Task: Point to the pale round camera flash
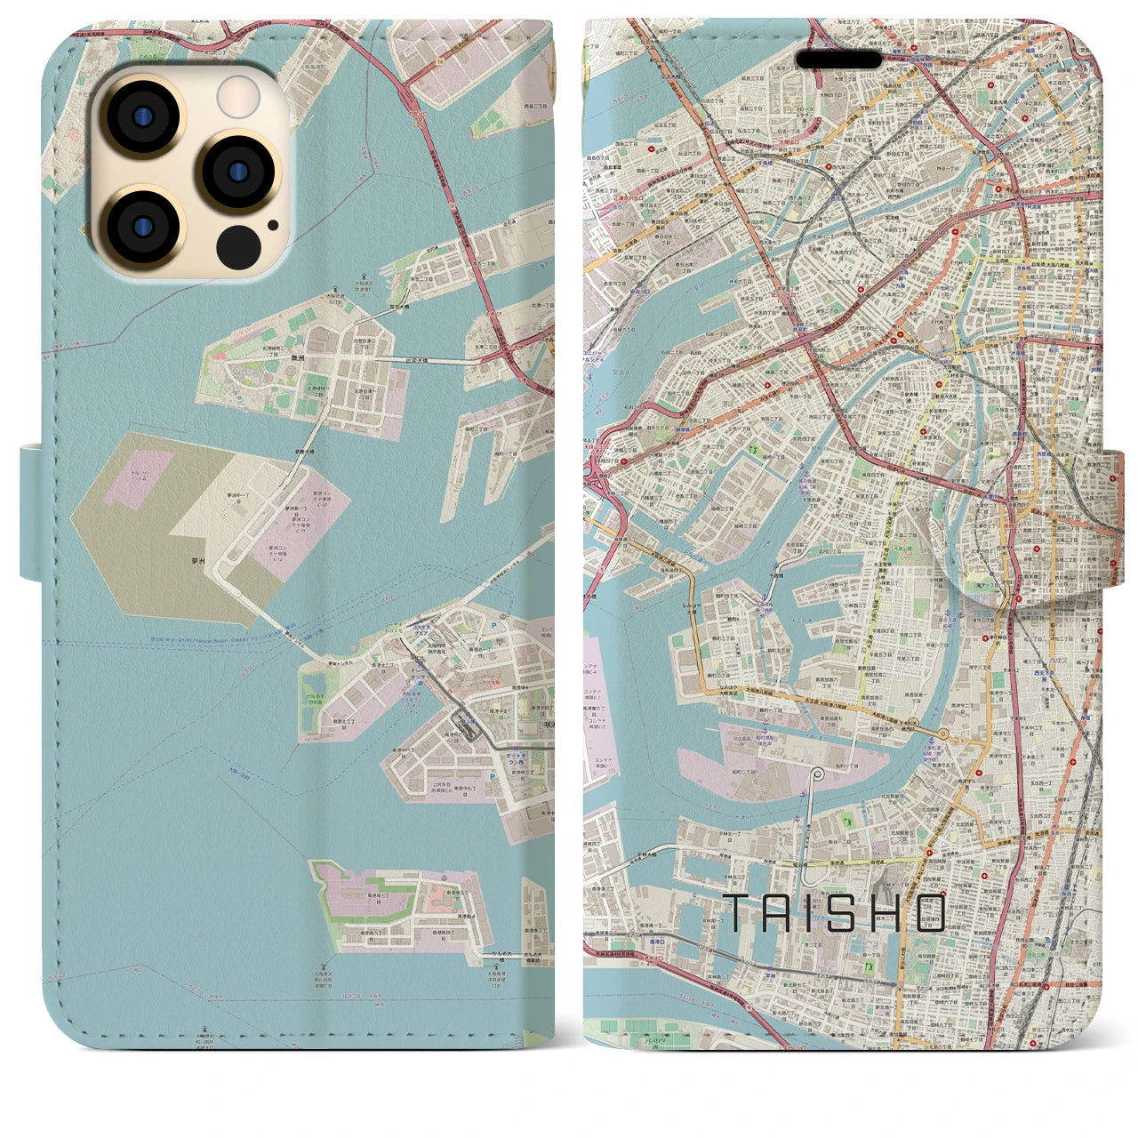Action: click(x=238, y=96)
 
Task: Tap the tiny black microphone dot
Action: click(x=271, y=226)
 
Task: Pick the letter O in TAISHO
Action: click(x=929, y=913)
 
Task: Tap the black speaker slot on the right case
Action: click(x=838, y=59)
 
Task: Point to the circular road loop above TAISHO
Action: click(x=817, y=773)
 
